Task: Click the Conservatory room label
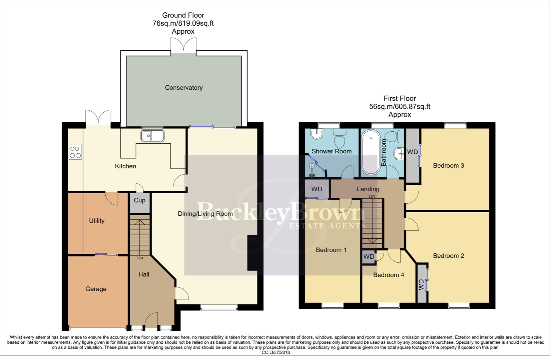184,88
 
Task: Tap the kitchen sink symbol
152,136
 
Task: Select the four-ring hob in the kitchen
75,152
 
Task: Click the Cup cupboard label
139,200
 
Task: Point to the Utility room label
97,221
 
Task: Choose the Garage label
96,289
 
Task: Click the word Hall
144,274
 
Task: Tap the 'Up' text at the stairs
140,258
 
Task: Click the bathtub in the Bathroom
371,152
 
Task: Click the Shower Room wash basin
316,134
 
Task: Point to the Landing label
368,189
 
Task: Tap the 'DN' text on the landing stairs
372,196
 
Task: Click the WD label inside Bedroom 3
412,152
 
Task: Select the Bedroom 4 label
389,275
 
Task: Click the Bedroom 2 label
448,256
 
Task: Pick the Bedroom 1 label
331,250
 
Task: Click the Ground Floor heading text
183,15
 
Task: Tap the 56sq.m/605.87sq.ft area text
400,107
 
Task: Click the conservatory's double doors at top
183,45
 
